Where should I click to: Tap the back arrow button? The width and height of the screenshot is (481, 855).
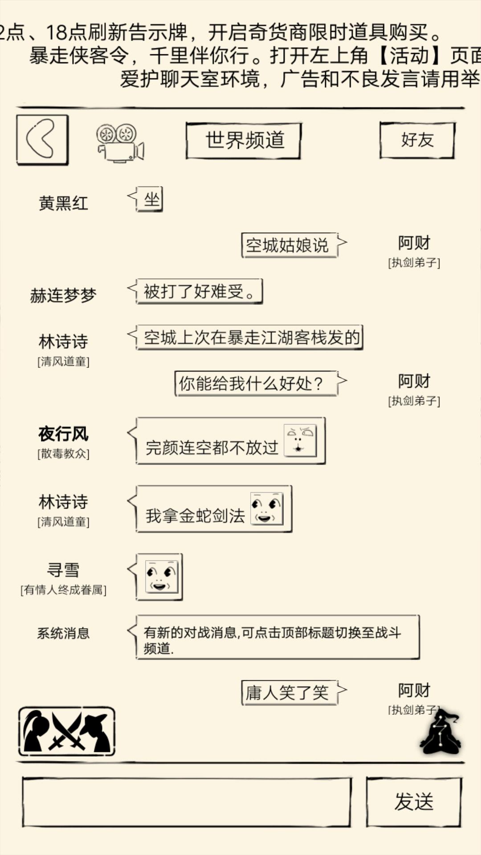42,140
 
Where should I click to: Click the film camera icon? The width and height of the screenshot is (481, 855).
120,143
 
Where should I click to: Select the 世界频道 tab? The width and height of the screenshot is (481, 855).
244,140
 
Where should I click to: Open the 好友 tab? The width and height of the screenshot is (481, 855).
417,140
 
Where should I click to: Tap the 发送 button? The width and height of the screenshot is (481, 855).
414,802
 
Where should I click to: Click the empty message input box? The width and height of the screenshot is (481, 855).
187,802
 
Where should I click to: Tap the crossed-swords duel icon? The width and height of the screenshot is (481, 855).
67,732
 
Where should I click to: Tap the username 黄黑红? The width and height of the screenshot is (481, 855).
63,203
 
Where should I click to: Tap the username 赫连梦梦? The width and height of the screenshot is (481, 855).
63,295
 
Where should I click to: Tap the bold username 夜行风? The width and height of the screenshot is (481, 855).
63,434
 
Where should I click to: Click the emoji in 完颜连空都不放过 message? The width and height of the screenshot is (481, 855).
300,440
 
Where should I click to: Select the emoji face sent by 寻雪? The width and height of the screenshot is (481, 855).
161,577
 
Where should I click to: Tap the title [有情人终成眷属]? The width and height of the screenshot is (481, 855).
63,590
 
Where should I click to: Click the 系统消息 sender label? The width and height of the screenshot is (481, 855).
63,633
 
